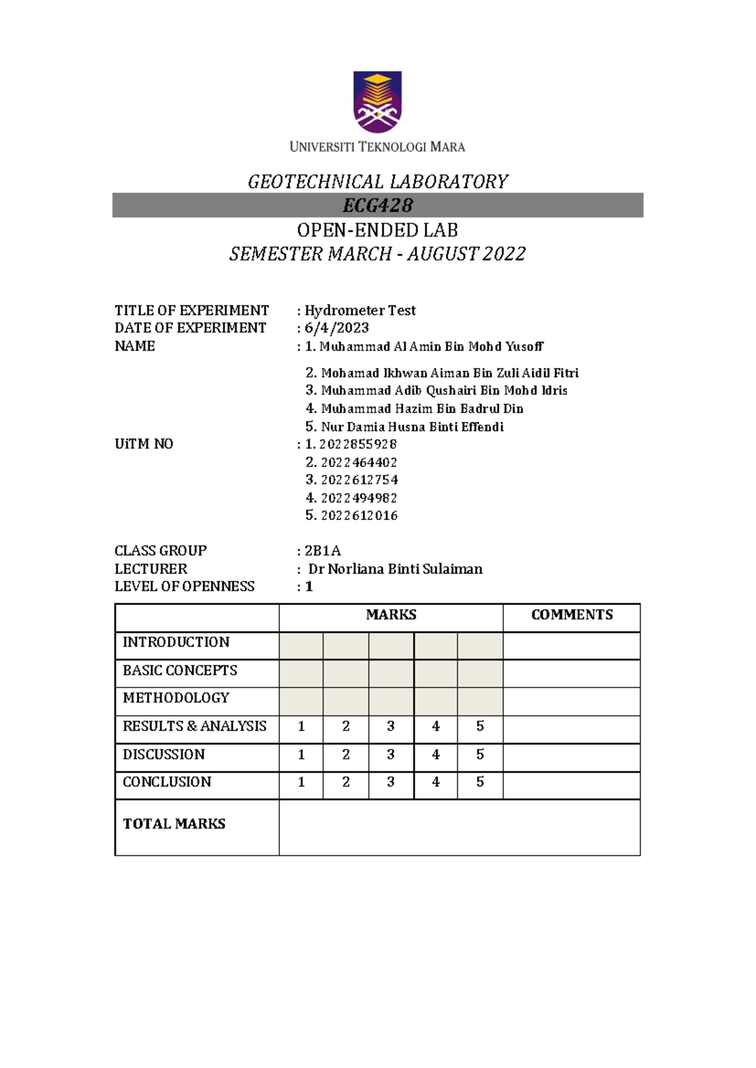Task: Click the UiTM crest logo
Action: click(x=377, y=101)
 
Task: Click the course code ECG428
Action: click(x=377, y=205)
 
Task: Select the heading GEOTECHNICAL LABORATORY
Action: click(x=377, y=182)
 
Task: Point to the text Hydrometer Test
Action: click(x=360, y=310)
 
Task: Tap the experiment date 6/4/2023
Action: click(x=336, y=328)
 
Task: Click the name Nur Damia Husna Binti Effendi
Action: click(x=412, y=427)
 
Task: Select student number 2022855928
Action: click(x=358, y=445)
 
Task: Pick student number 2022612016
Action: click(x=359, y=516)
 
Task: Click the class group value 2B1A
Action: click(x=323, y=551)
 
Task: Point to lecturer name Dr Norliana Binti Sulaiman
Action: click(x=395, y=569)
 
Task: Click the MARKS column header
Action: click(x=391, y=615)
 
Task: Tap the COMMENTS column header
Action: click(x=571, y=615)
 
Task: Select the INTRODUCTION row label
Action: click(x=176, y=642)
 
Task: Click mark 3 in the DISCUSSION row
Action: click(x=391, y=754)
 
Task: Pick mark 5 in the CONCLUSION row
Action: click(x=480, y=782)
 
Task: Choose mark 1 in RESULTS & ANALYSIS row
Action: click(x=301, y=727)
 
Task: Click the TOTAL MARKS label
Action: click(x=174, y=824)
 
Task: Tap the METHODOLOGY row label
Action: click(x=176, y=698)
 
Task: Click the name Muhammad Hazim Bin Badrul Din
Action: click(x=421, y=409)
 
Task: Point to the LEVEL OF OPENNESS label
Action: click(x=185, y=587)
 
